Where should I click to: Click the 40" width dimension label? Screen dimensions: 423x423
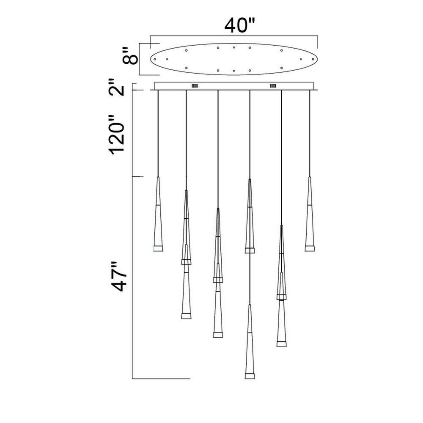coord(239,26)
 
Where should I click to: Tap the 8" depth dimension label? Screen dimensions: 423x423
coord(130,56)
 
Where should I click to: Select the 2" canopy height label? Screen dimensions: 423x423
coord(117,87)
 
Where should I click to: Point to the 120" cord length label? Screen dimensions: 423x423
coord(117,135)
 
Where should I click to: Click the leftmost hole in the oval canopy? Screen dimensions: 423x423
coord(154,59)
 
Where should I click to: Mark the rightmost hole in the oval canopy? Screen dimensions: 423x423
coord(313,59)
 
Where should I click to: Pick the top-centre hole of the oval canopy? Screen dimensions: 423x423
coord(234,47)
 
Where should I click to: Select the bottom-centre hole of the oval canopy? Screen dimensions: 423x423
coord(234,71)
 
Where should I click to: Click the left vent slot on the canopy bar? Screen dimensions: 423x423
coord(195,86)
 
